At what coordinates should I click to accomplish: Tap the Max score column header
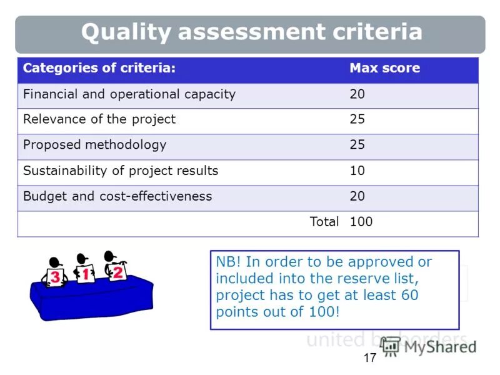coord(384,68)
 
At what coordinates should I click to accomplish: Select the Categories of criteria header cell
coord(99,68)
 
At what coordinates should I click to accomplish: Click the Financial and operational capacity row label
coord(129,94)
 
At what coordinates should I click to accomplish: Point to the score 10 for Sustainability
coord(357,170)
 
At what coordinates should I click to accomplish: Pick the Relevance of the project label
coord(99,119)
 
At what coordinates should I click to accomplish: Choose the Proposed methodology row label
coord(95,144)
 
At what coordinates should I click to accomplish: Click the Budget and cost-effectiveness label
coord(117,196)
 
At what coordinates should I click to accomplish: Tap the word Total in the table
coord(324,221)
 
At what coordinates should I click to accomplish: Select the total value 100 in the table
coord(361,221)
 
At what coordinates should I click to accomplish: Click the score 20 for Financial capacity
coord(357,94)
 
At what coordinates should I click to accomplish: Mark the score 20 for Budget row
coord(357,196)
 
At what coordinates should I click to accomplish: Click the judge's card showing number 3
coord(56,277)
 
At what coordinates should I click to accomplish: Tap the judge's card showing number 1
coord(86,274)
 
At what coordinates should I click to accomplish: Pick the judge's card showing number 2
coord(117,272)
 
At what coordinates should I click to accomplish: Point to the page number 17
coord(369,358)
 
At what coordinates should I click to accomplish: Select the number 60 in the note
coord(410,295)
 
